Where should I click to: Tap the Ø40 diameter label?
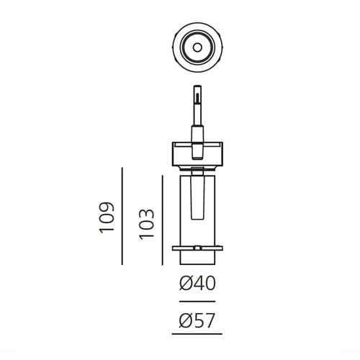tap(197, 284)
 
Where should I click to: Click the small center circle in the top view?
tap(197, 48)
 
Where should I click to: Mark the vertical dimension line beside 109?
tap(124, 215)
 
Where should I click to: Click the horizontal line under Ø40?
tap(197, 300)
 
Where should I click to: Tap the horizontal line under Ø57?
tap(197, 334)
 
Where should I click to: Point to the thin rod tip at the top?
tap(197, 92)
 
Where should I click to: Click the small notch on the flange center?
tap(197, 248)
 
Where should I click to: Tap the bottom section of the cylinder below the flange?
tap(197, 258)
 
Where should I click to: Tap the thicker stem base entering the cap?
tap(197, 137)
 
